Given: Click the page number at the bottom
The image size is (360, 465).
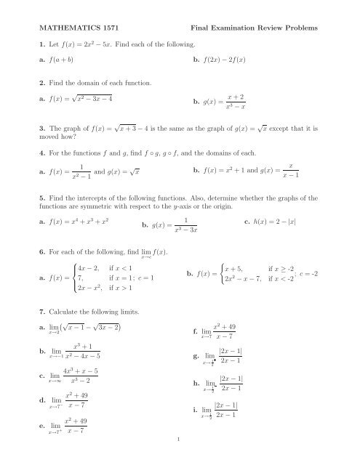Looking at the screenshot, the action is pos(180,459).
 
